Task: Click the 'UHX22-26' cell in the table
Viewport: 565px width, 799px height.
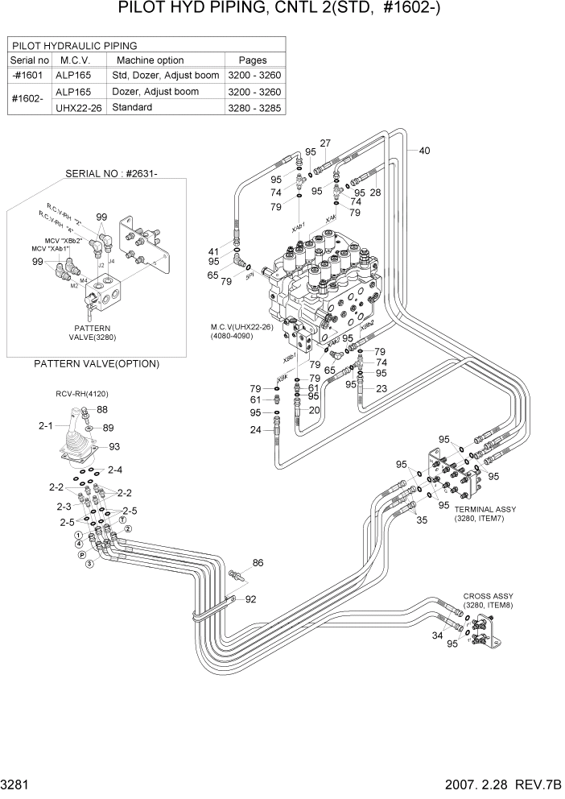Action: pyautogui.click(x=78, y=108)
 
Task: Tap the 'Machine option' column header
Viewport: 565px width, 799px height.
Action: pyautogui.click(x=151, y=60)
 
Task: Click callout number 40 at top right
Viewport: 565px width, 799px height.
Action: pyautogui.click(x=424, y=151)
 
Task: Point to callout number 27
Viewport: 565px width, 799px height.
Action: pyautogui.click(x=325, y=144)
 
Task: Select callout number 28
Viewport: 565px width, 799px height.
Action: pyautogui.click(x=374, y=193)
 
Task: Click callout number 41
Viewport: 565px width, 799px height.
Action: pyautogui.click(x=213, y=250)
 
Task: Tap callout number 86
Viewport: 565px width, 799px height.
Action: pyautogui.click(x=258, y=563)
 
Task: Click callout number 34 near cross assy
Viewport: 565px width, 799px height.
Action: pyautogui.click(x=438, y=636)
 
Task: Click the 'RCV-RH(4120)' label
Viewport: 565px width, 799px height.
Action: pyautogui.click(x=81, y=394)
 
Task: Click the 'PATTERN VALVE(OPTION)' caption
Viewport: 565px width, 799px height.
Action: pyautogui.click(x=97, y=364)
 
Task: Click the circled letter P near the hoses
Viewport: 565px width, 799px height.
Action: pyautogui.click(x=84, y=555)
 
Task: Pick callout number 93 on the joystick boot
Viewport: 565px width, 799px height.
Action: pyautogui.click(x=114, y=447)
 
